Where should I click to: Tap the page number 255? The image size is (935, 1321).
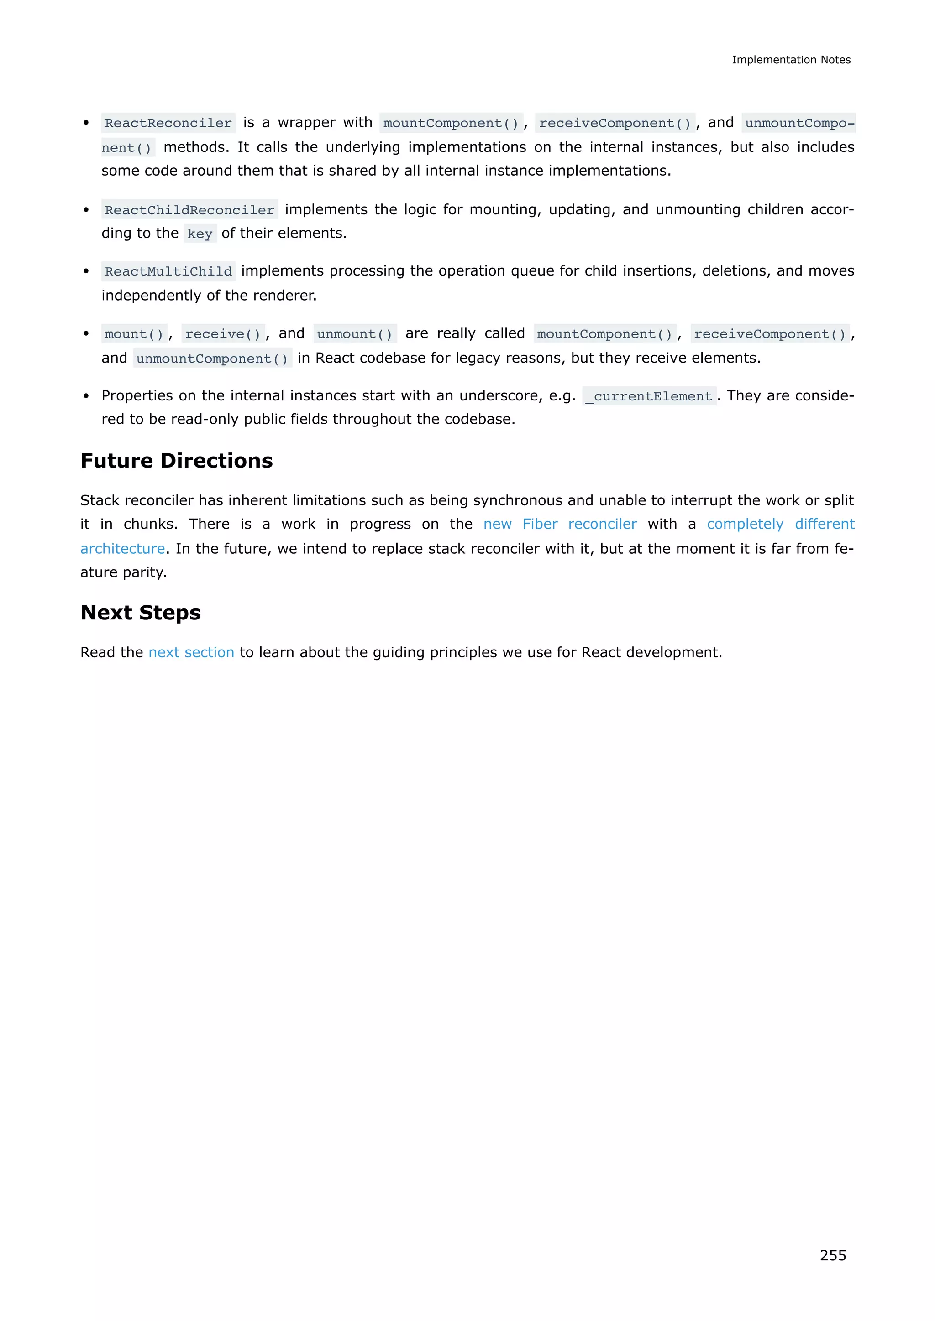(833, 1255)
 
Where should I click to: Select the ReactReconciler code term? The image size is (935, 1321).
(168, 123)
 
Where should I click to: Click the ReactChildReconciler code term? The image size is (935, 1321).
(189, 210)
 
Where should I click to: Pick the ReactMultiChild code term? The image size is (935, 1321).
(168, 271)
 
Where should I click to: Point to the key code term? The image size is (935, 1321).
(200, 234)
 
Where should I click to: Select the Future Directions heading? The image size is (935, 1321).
(177, 460)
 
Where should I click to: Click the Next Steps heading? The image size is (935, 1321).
(141, 612)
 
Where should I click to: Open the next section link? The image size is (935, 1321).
(191, 652)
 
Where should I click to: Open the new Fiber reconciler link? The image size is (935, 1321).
(560, 524)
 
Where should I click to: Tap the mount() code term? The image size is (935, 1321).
(134, 334)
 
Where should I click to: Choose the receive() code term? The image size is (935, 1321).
(223, 334)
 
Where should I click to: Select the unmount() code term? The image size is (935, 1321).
(355, 334)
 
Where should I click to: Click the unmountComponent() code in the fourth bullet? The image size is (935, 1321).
(212, 359)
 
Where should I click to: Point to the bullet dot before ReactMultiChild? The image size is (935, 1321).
(86, 271)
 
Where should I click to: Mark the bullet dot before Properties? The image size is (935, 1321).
(86, 396)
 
